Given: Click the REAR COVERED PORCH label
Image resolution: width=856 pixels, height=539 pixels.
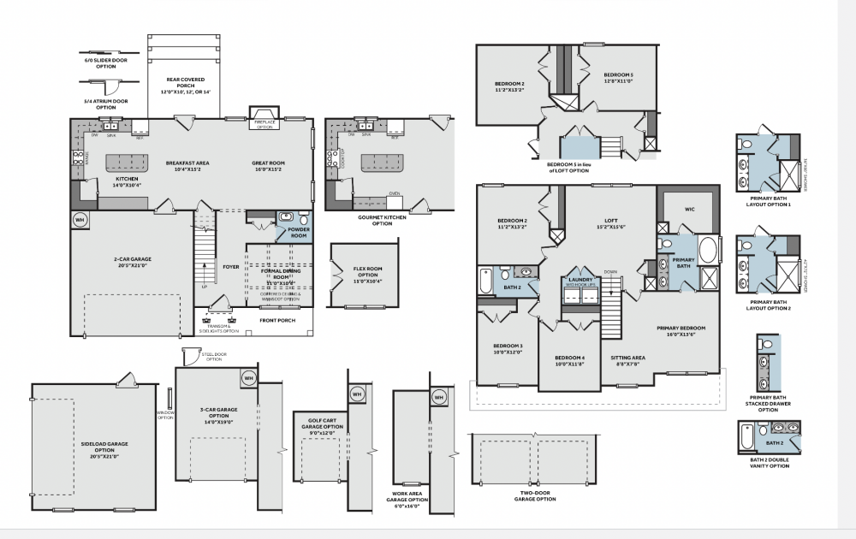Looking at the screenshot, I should [x=185, y=85].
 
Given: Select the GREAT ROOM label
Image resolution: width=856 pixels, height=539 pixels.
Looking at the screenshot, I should [x=268, y=164].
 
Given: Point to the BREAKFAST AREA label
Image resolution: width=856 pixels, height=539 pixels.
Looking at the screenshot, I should [x=187, y=164].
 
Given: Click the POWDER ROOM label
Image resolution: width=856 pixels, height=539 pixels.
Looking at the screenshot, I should [x=299, y=231].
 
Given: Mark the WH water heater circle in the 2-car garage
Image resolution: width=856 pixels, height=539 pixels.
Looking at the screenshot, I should [x=80, y=220].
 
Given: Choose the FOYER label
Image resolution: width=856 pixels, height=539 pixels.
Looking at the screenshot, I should [x=231, y=266].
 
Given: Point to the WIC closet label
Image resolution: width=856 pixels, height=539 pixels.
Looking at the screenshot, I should [x=689, y=208].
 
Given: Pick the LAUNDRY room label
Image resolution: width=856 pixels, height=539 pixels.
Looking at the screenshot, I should [x=581, y=281].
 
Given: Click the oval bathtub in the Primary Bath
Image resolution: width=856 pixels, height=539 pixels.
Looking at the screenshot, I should [x=709, y=252].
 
